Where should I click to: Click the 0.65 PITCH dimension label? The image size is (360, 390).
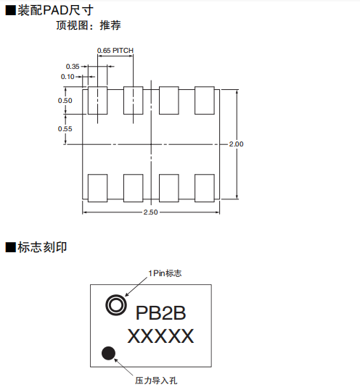[x=115, y=51]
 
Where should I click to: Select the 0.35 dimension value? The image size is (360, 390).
[x=73, y=67]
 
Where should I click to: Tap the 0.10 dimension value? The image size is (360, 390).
[x=67, y=77]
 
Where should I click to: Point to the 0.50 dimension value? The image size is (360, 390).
[x=65, y=101]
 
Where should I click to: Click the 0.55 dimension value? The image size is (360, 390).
[x=65, y=129]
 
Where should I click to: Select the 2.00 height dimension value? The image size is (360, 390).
[x=236, y=144]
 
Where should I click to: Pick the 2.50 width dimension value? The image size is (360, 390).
[x=151, y=212]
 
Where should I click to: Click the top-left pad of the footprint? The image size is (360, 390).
[x=97, y=101]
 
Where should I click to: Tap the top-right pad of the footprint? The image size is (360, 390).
[x=205, y=101]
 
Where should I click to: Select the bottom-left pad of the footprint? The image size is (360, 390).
[x=97, y=188]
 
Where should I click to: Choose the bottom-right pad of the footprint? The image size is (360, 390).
[x=205, y=188]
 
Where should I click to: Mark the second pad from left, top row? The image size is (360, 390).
[x=134, y=101]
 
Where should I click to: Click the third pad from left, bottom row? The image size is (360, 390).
[x=169, y=188]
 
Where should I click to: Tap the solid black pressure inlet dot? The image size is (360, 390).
[x=108, y=353]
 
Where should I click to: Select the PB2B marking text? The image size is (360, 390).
[x=160, y=313]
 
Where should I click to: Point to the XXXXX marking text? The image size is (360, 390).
[x=160, y=336]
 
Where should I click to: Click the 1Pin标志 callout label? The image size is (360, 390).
[x=165, y=273]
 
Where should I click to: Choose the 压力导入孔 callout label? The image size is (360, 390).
[x=156, y=381]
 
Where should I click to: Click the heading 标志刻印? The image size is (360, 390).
[x=42, y=247]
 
